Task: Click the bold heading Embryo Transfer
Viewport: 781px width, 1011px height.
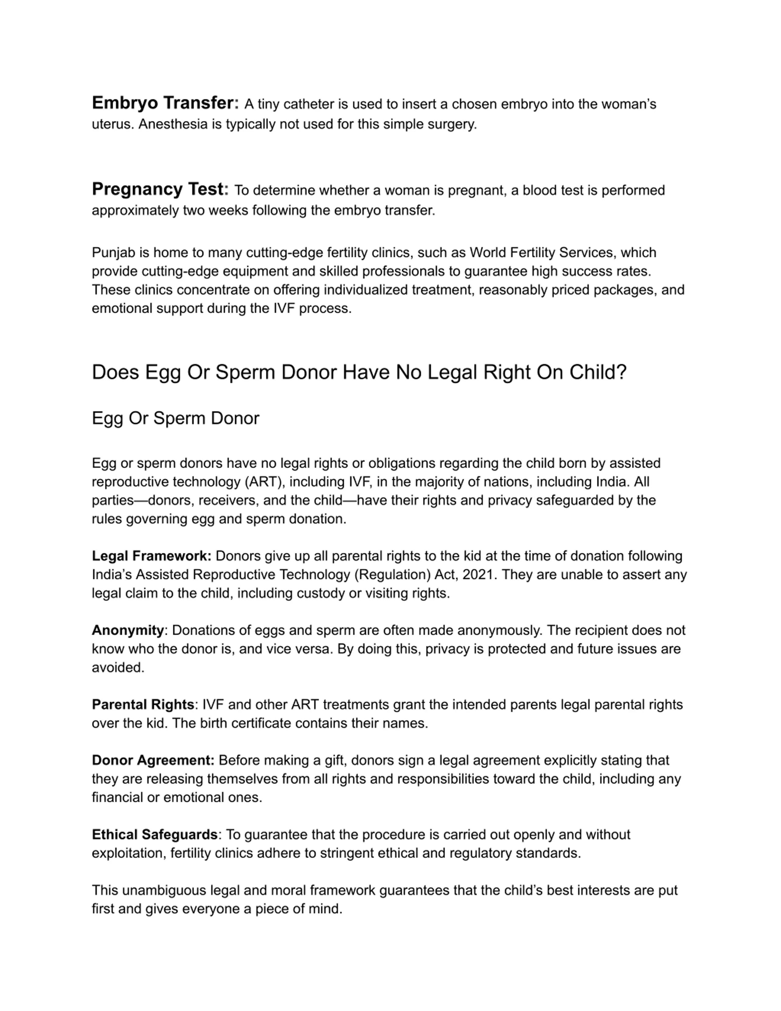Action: tap(165, 103)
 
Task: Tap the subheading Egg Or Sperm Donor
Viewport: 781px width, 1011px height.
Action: tap(175, 418)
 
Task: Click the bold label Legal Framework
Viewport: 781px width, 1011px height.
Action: tap(151, 556)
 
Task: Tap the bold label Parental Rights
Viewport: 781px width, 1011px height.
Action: tap(143, 705)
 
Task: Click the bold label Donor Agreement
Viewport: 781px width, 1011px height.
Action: tap(153, 760)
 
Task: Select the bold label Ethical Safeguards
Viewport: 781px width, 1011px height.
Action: tap(155, 835)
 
